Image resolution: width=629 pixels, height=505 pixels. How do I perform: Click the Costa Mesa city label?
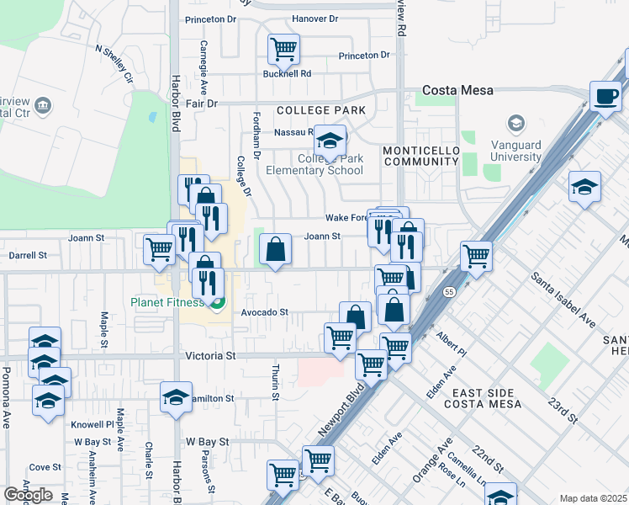pos(457,90)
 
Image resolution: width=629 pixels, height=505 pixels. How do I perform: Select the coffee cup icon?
pos(605,97)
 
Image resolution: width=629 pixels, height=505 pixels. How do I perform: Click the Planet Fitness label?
pos(166,302)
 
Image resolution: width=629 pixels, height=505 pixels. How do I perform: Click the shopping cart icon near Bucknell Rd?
pos(283,49)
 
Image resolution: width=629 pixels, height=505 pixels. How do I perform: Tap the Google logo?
pos(28,495)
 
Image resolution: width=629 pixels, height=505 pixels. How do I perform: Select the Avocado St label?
pos(265,312)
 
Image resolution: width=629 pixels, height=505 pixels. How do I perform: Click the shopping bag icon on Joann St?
pos(275,250)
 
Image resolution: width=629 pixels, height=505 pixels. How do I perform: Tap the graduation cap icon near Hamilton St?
pos(176,397)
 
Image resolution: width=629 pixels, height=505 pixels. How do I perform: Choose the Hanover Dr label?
pos(314,19)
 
